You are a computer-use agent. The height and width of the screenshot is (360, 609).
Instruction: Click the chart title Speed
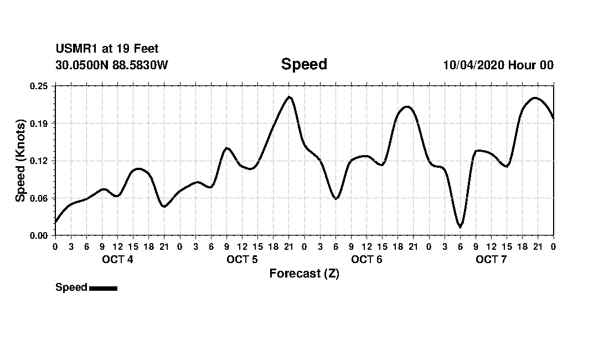pos(304,64)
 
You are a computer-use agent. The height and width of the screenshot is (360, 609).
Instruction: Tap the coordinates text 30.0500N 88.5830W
pos(111,65)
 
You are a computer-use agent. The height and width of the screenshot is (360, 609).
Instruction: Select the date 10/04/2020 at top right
pos(473,65)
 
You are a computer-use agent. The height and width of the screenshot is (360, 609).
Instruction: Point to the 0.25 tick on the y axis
pos(39,86)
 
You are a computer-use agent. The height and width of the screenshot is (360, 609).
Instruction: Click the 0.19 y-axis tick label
pos(39,123)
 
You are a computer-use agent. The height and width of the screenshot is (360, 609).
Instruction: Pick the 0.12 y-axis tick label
pos(39,161)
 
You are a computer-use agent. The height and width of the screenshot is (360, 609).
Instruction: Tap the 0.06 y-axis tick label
pos(39,198)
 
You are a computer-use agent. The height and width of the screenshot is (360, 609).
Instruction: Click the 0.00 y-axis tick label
pos(39,235)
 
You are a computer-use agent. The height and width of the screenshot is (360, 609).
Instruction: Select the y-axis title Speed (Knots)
pos(20,160)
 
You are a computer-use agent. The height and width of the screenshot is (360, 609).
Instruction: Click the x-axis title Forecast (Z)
pos(304,274)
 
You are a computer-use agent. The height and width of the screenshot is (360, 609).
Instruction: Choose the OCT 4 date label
pos(117,260)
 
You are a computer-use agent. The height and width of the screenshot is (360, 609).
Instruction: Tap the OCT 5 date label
pos(242,260)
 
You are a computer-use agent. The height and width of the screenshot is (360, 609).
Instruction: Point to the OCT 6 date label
pos(367,260)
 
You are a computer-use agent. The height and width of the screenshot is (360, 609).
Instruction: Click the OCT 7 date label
pos(491,260)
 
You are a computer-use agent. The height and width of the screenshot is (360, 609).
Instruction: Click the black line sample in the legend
pos(103,288)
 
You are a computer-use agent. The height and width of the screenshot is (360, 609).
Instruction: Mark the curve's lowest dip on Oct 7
pos(460,227)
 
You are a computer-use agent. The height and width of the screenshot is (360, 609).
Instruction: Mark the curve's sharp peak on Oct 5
pos(289,97)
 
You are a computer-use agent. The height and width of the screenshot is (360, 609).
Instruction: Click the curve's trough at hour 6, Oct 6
pos(336,198)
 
